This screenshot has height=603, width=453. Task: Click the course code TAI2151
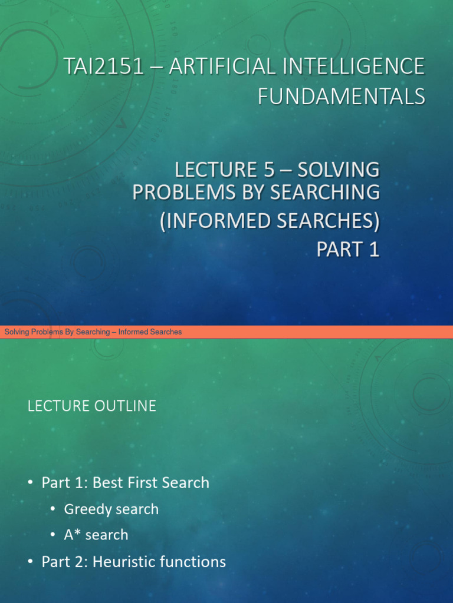point(104,66)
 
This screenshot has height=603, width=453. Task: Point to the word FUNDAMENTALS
point(341,96)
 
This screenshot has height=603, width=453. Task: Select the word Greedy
point(87,509)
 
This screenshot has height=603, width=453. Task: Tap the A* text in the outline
point(71,535)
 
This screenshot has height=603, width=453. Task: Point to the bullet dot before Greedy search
point(53,509)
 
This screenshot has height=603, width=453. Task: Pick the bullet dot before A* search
point(53,535)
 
